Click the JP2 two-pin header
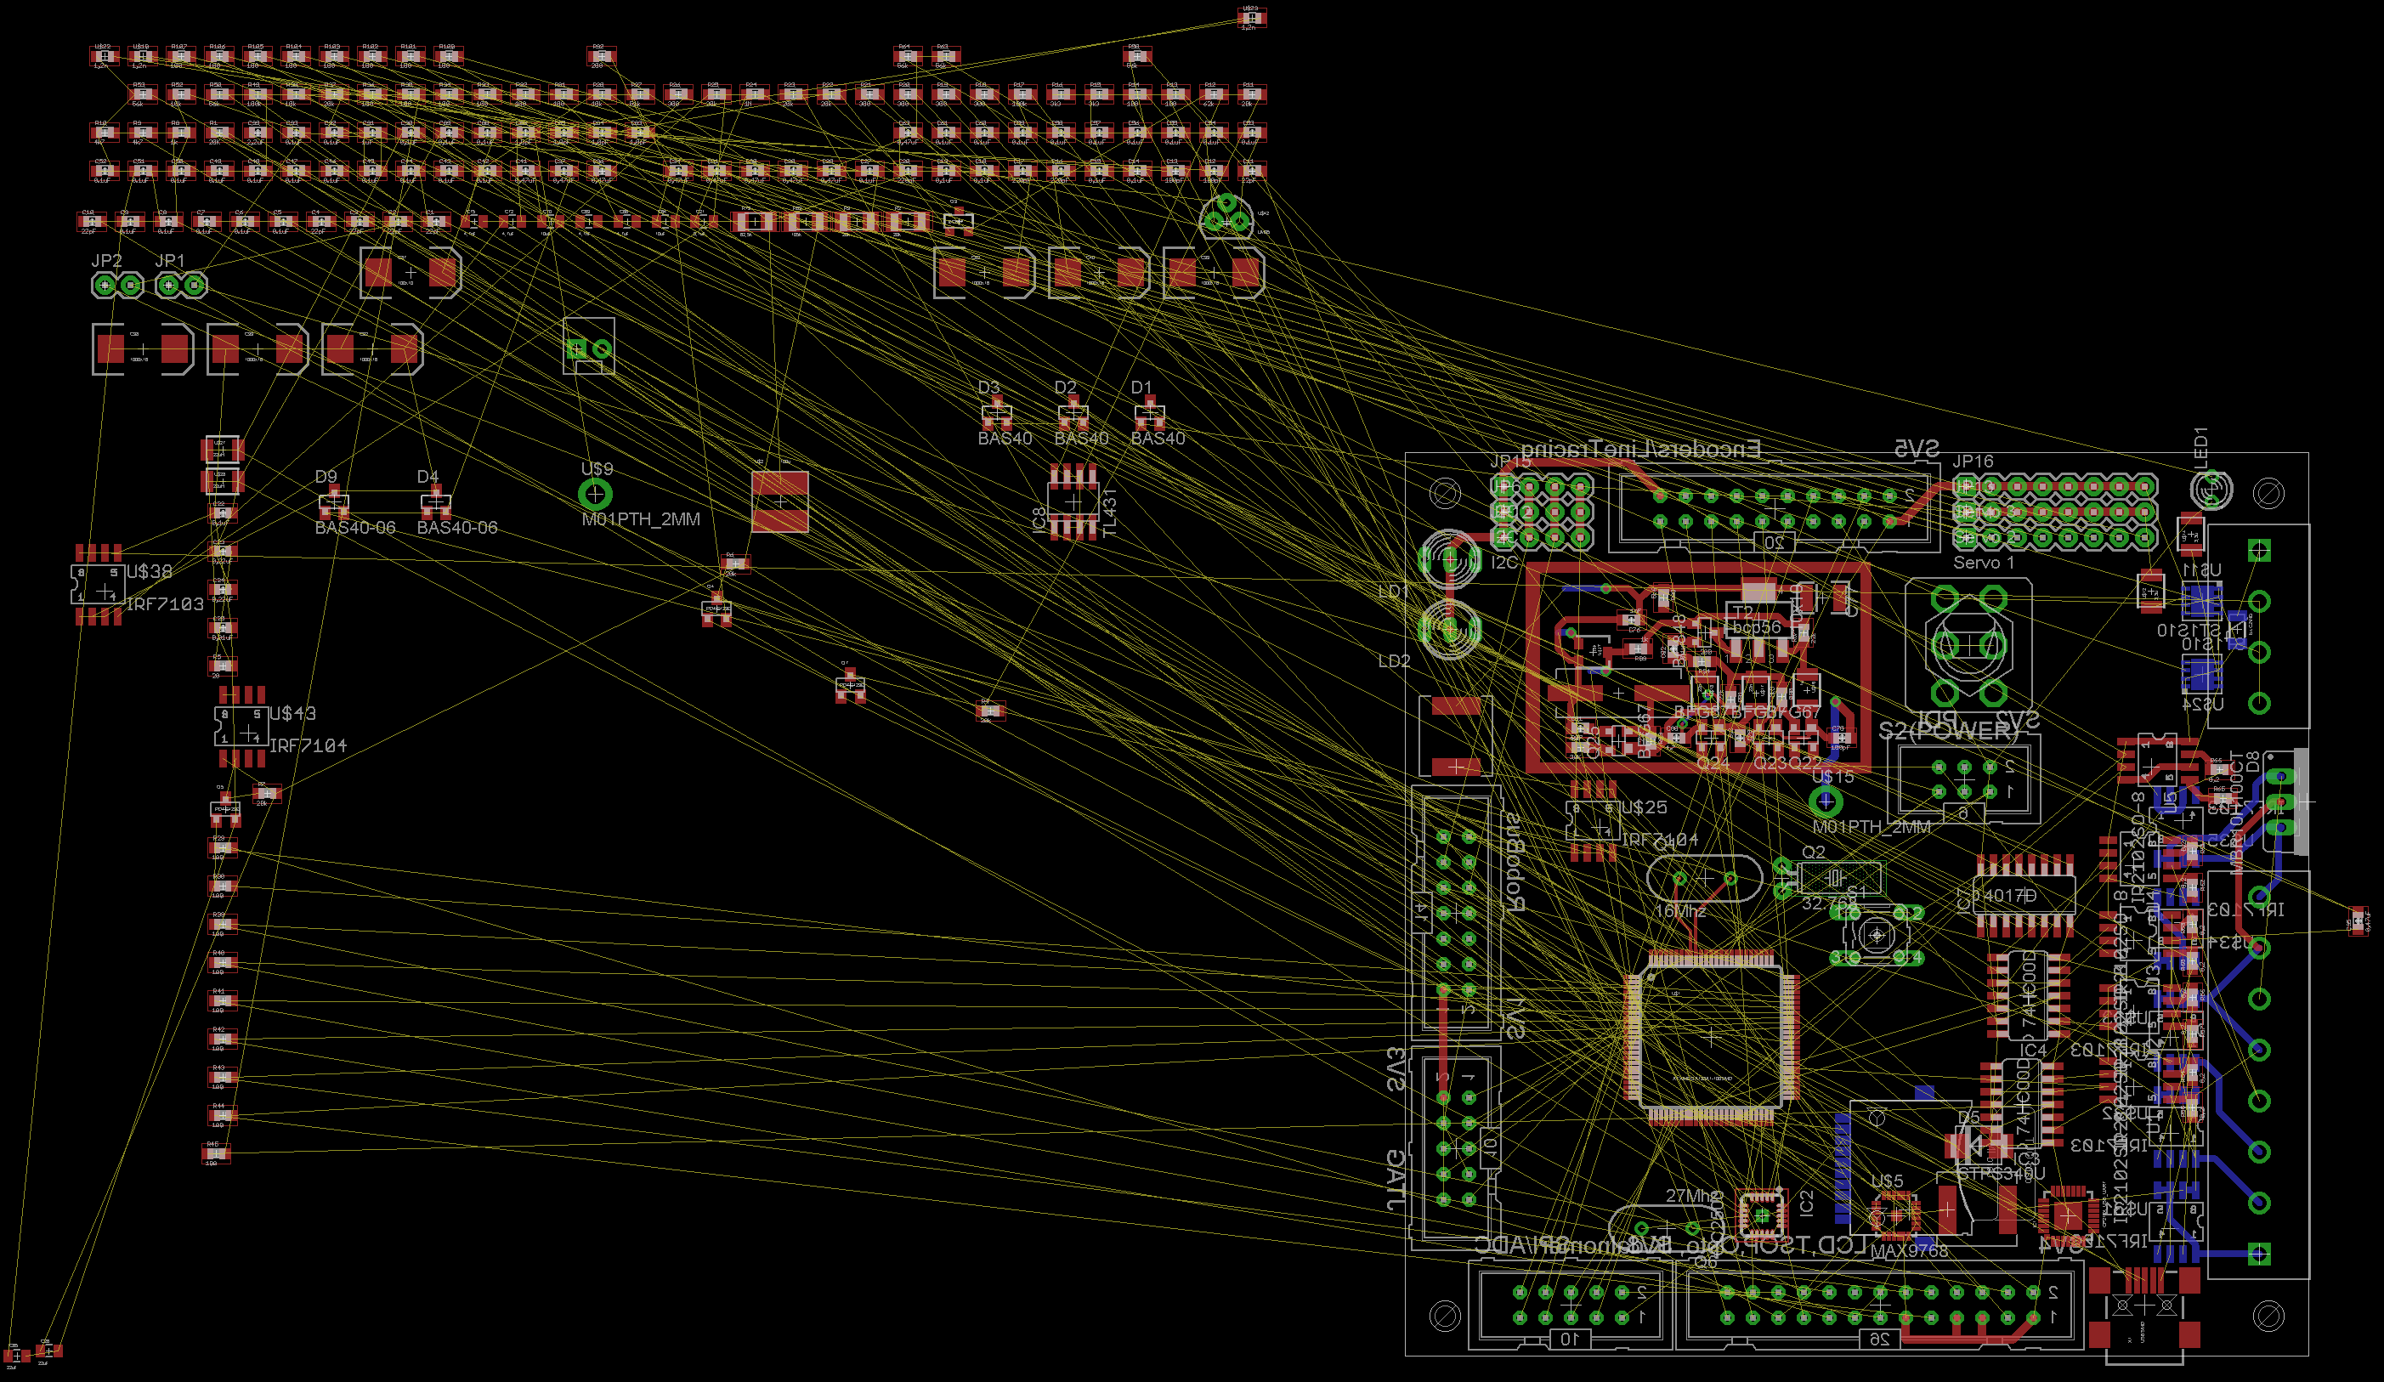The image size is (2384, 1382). click(x=117, y=284)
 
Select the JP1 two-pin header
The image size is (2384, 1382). click(x=181, y=284)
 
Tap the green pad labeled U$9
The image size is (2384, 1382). click(x=595, y=493)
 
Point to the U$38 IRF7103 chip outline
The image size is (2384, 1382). click(x=99, y=585)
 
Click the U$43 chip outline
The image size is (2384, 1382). click(x=241, y=727)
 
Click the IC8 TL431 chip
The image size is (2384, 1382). click(x=1073, y=501)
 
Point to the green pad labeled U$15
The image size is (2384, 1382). click(x=1826, y=802)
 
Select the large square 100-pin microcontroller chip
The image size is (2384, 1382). click(x=1710, y=1037)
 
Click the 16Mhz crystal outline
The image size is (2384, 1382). click(x=1704, y=879)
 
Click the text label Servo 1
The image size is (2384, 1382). click(x=1984, y=563)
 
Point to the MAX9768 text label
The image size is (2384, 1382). click(x=1909, y=1250)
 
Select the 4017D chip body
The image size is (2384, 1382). click(x=2024, y=895)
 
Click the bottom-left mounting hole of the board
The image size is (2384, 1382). click(x=1445, y=1315)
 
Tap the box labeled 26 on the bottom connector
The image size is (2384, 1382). click(x=1879, y=1339)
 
